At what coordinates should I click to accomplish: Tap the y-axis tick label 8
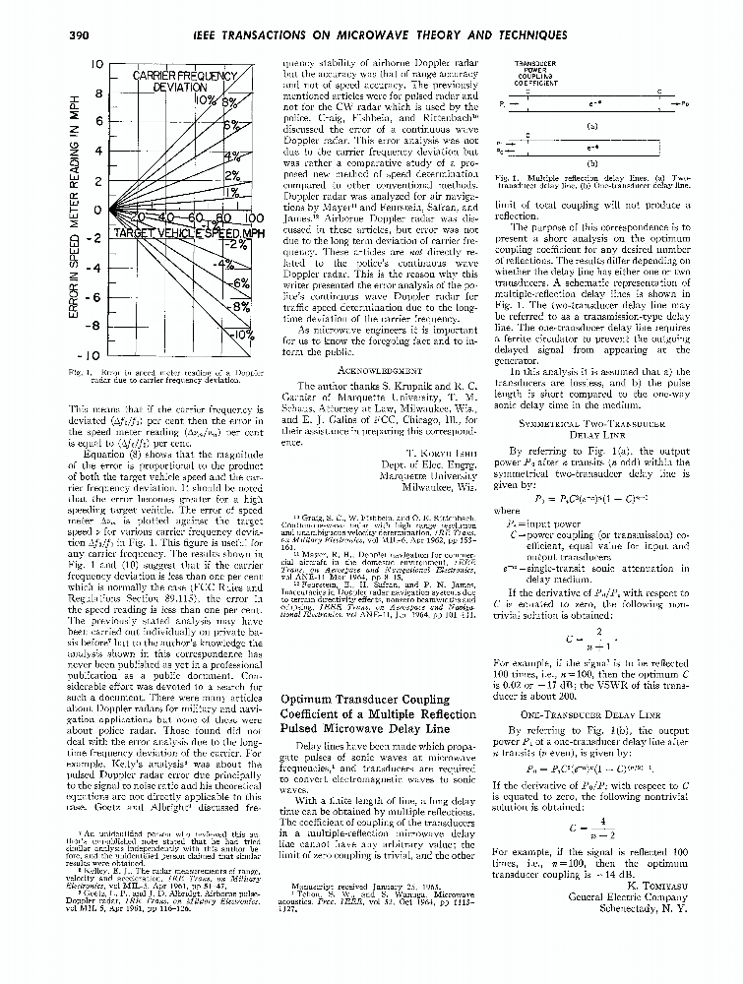click(97, 95)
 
